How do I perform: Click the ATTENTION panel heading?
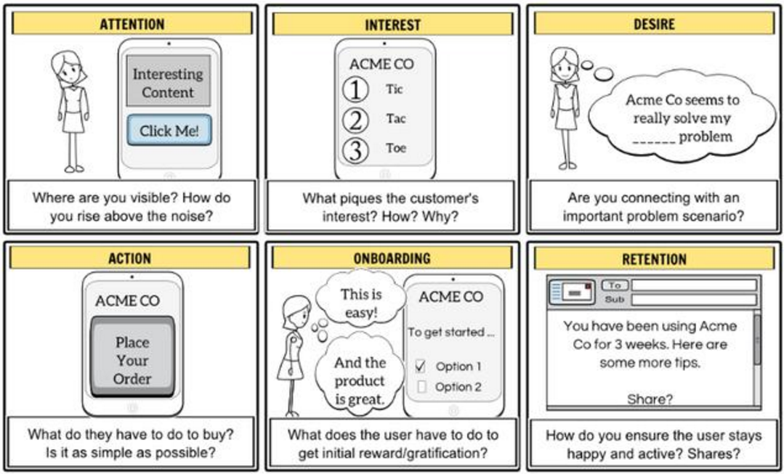pyautogui.click(x=132, y=23)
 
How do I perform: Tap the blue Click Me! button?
pyautogui.click(x=169, y=131)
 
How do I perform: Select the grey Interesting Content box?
pyautogui.click(x=168, y=81)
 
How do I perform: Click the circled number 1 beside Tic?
pyautogui.click(x=355, y=90)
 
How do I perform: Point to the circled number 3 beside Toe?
pyautogui.click(x=355, y=150)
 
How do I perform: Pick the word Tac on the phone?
pyautogui.click(x=395, y=119)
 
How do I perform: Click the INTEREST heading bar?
pyautogui.click(x=393, y=23)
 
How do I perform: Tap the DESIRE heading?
pyautogui.click(x=654, y=23)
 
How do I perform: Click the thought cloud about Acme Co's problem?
pyautogui.click(x=682, y=118)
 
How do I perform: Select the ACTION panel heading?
pyautogui.click(x=129, y=258)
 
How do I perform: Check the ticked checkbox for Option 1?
pyautogui.click(x=421, y=367)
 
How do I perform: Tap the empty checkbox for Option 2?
pyautogui.click(x=421, y=387)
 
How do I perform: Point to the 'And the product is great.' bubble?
pyautogui.click(x=359, y=380)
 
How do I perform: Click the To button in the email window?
pyautogui.click(x=615, y=285)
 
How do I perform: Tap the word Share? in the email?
pyautogui.click(x=650, y=399)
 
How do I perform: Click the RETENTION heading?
pyautogui.click(x=654, y=258)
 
